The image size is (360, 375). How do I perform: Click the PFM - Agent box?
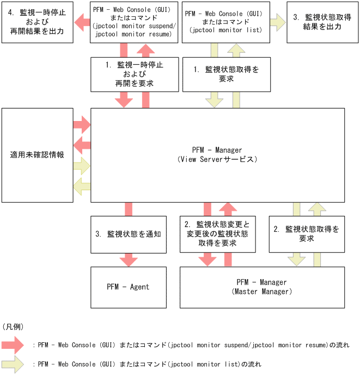click(128, 286)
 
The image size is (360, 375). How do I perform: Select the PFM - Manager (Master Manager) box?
click(261, 287)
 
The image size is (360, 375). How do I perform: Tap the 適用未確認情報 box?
click(37, 155)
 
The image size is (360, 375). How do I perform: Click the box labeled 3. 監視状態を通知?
click(129, 234)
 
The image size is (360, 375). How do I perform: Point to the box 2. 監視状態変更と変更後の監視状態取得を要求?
click(217, 234)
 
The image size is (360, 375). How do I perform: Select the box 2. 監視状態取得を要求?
click(307, 234)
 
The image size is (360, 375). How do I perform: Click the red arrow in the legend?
click(13, 345)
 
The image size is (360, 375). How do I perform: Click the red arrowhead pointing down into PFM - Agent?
click(129, 259)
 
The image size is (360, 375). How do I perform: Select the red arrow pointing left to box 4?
click(82, 22)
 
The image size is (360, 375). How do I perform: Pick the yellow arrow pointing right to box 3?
click(278, 22)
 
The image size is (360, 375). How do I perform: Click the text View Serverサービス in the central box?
click(217, 159)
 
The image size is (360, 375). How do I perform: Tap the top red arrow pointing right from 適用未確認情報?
click(82, 124)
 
